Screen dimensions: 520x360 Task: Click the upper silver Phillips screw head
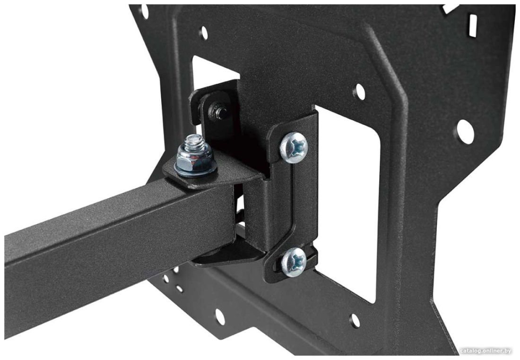click(x=293, y=147)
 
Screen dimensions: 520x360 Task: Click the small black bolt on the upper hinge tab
click(x=217, y=111)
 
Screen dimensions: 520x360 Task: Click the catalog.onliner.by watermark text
click(x=486, y=351)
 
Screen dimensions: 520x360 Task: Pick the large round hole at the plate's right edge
click(x=465, y=132)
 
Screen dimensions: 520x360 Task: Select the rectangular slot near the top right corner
click(x=473, y=26)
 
